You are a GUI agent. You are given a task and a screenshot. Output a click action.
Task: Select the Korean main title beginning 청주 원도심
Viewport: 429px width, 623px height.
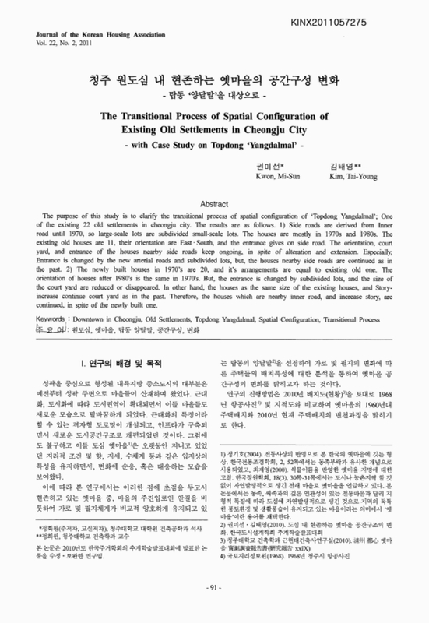[214, 80]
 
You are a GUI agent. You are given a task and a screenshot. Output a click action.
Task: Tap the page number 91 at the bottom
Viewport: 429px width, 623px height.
[214, 610]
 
